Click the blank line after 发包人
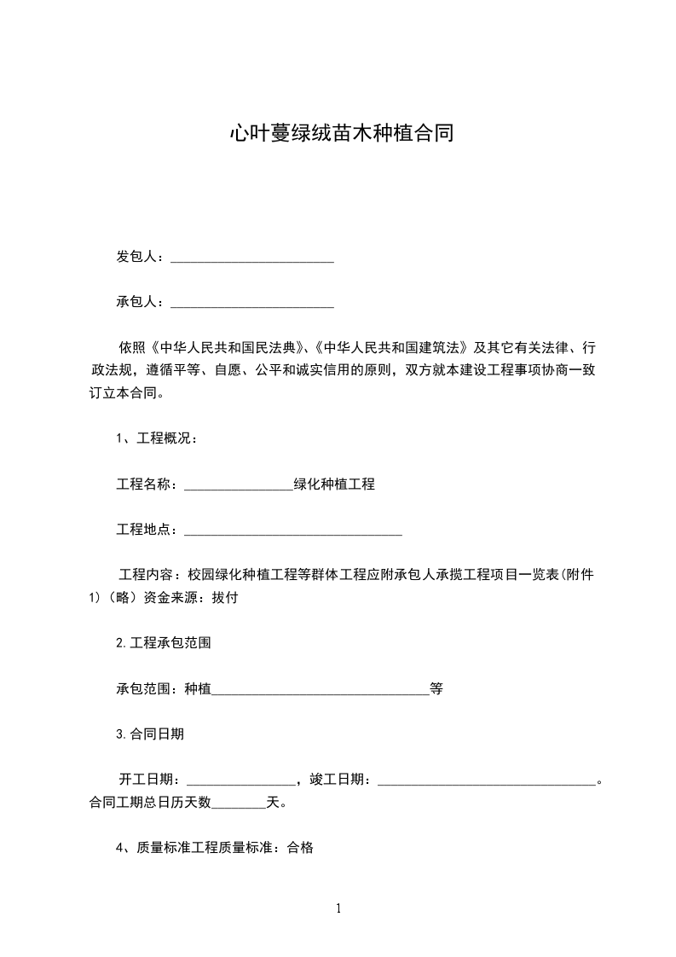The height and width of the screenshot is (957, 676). (252, 258)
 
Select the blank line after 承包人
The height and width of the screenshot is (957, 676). (252, 302)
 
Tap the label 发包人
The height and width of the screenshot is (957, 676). (136, 257)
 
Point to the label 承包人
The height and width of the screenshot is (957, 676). (136, 301)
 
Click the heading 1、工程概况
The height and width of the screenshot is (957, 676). (157, 439)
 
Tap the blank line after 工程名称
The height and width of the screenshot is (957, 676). (238, 485)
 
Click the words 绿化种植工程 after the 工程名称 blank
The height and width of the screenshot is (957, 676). (334, 484)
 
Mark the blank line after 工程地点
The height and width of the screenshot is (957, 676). (292, 531)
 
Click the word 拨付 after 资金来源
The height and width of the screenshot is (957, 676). (224, 598)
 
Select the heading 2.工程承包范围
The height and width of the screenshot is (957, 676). (163, 643)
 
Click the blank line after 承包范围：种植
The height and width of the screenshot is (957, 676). (321, 690)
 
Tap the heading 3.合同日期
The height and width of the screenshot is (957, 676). (150, 734)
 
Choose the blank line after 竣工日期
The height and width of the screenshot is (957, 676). (486, 780)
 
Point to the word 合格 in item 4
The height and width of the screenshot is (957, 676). (300, 848)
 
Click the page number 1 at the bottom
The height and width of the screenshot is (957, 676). (338, 908)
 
